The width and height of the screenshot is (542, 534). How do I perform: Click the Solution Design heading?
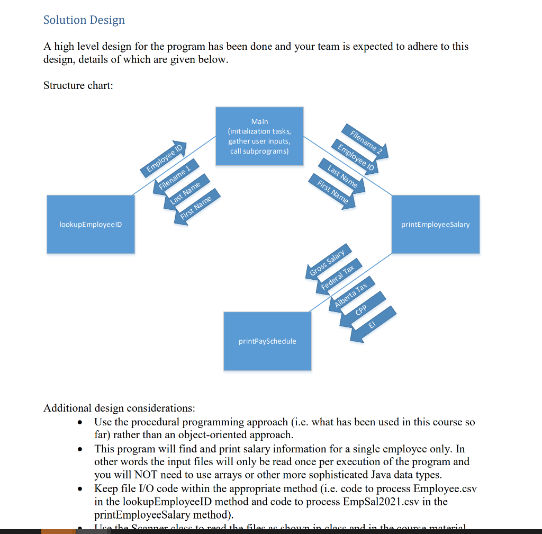coord(84,20)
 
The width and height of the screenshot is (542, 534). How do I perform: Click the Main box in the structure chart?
coord(259,136)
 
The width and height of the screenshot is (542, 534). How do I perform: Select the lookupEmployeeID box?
coord(91,225)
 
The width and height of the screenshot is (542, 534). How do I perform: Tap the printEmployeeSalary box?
coord(435,225)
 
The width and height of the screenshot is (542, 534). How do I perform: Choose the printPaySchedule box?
coord(267,341)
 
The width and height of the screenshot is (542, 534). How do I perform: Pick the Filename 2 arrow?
coord(365,141)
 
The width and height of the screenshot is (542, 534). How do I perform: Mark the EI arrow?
coord(373,323)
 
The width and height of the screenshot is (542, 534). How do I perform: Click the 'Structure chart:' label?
coord(78,85)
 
